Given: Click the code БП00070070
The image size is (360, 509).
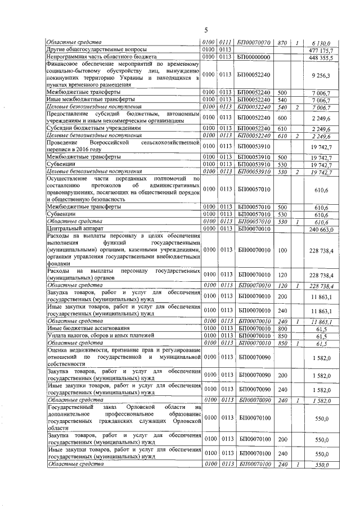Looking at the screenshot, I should (x=254, y=42).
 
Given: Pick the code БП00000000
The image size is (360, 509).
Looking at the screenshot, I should (x=254, y=57).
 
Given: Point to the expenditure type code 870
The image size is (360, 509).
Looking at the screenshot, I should (x=282, y=42).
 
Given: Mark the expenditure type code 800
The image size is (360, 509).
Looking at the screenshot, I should (x=282, y=327).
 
